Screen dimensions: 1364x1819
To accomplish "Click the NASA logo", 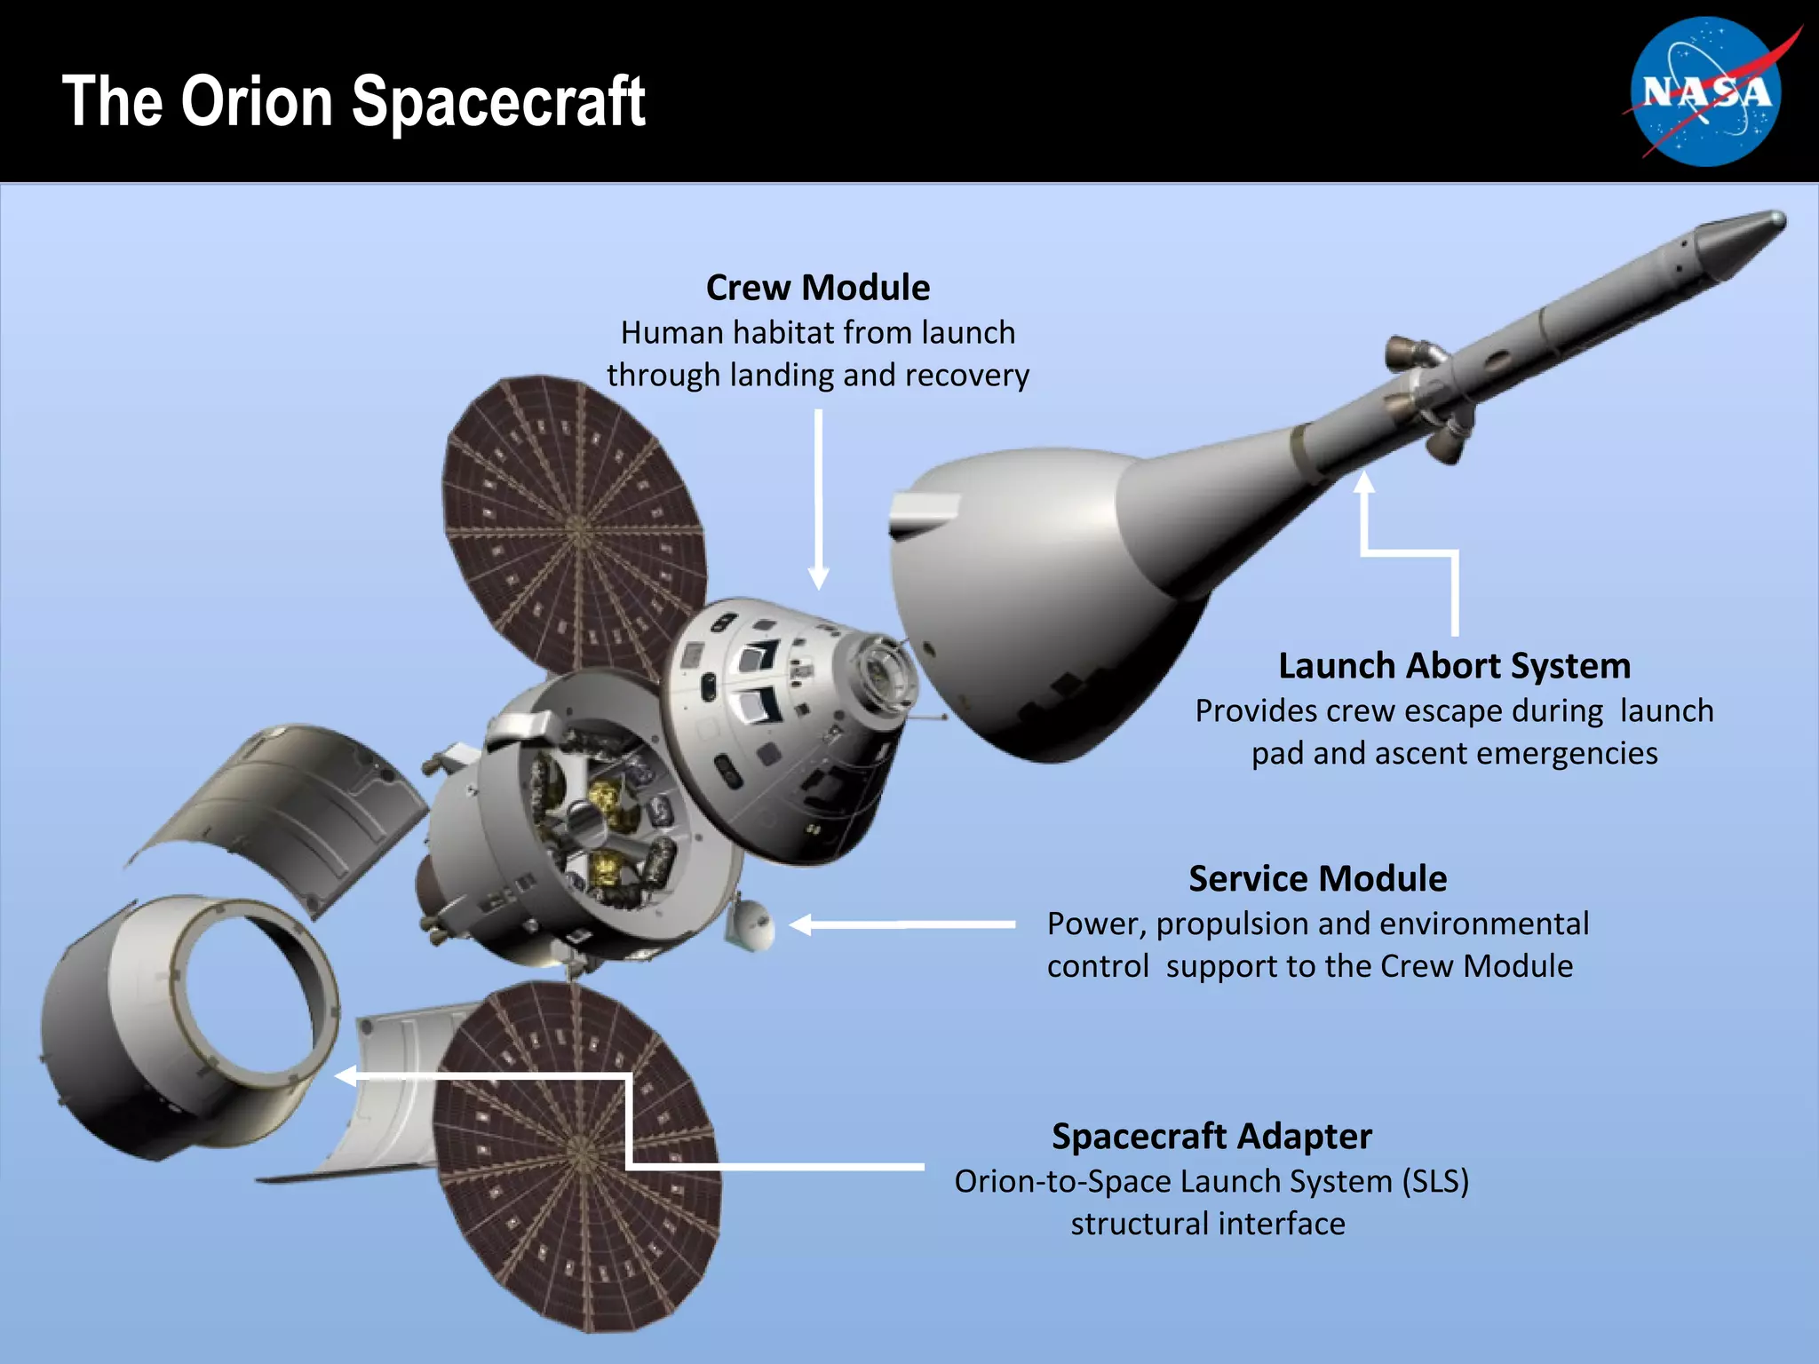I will (x=1705, y=92).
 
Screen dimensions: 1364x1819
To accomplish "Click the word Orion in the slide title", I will (x=258, y=101).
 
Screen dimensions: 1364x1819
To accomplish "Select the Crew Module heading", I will (x=818, y=288).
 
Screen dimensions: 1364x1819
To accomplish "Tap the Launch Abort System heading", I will (x=1454, y=666).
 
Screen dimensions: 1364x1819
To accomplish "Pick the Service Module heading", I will (x=1317, y=879).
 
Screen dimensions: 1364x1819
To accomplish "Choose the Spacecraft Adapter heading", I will (x=1211, y=1137).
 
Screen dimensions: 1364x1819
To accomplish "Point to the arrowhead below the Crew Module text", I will (x=819, y=579).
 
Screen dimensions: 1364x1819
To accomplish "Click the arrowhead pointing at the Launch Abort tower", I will (x=1364, y=481).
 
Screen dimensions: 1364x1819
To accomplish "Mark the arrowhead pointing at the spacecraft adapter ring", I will (x=345, y=1076).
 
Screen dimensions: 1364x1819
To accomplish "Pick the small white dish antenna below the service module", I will (x=752, y=926).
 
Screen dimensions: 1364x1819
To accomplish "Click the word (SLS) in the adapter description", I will (x=1435, y=1182).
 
